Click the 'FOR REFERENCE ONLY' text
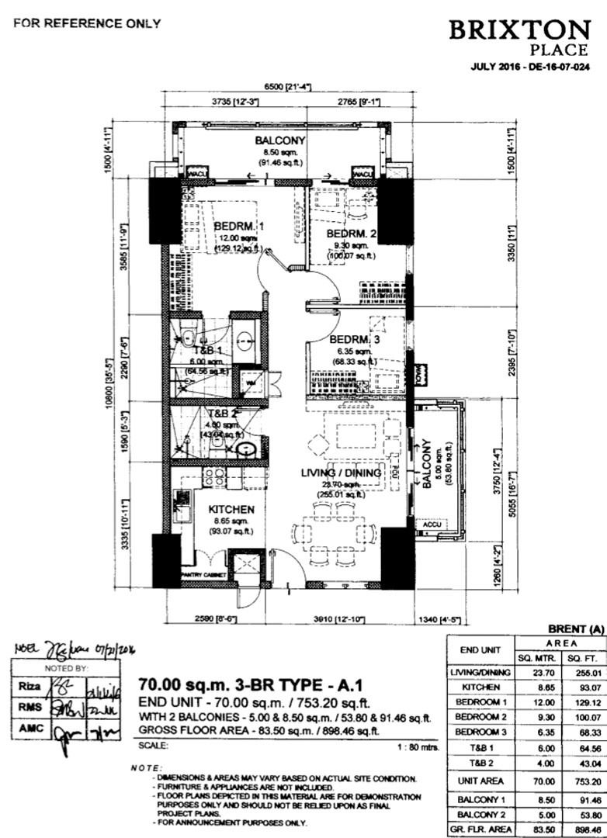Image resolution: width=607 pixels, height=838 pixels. tap(87, 23)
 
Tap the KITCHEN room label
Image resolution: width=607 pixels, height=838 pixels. tap(231, 509)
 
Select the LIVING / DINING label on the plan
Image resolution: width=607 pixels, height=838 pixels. tap(341, 473)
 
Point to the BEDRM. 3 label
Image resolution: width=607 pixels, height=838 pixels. tap(355, 340)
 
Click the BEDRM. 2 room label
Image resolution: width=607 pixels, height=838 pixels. tap(351, 234)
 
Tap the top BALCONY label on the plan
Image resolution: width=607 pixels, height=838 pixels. tap(280, 140)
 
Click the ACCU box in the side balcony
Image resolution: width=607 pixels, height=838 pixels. tap(431, 525)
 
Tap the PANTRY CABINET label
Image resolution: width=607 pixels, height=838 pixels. tap(203, 575)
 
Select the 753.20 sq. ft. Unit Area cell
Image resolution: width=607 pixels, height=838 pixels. tap(581, 781)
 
